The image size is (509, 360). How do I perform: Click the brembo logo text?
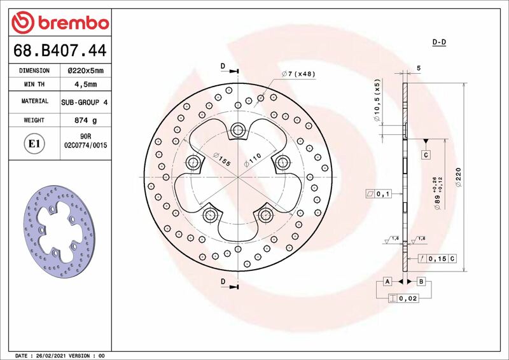74,23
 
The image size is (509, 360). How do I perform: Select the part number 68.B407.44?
60,50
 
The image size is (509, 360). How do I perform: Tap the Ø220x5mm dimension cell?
85,71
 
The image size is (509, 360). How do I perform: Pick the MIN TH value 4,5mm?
85,85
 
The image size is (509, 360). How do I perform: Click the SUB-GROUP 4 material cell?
85,102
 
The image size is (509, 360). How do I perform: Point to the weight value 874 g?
85,120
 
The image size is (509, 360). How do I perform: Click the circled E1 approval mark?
34,144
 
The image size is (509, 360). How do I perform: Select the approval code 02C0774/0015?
85,146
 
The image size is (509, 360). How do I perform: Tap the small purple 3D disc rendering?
59,232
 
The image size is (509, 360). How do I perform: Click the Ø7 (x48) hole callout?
298,74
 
